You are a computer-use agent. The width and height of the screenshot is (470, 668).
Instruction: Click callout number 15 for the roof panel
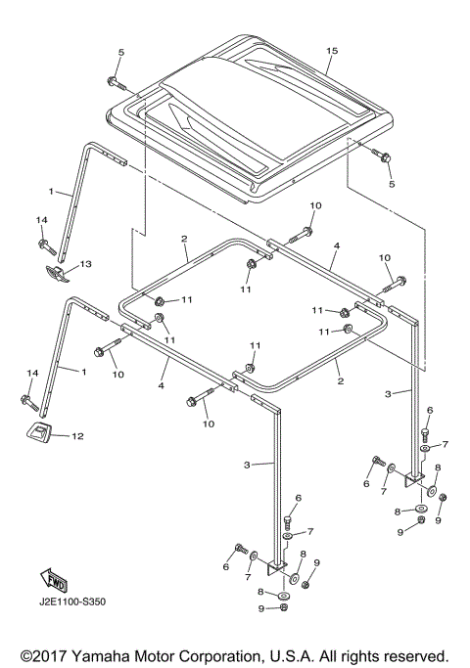click(333, 50)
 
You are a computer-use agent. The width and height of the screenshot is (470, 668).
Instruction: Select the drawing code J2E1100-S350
click(72, 601)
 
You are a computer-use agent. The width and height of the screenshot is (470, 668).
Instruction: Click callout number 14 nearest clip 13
click(42, 219)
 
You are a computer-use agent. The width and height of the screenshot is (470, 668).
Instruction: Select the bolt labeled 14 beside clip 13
click(43, 243)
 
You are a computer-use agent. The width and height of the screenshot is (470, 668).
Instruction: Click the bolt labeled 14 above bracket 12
click(28, 400)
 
